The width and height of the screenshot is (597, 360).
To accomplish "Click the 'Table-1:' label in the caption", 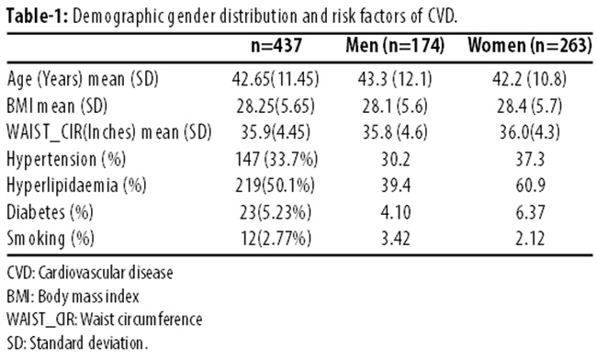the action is tap(37, 16).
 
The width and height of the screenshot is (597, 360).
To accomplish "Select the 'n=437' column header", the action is tap(276, 45).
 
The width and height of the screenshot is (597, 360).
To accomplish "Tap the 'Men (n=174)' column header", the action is tap(395, 45).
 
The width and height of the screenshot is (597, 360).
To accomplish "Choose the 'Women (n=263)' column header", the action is tap(530, 45).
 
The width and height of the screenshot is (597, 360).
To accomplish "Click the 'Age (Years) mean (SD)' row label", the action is tap(83, 79).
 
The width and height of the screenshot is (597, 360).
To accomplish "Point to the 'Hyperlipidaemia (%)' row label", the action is tap(76, 186).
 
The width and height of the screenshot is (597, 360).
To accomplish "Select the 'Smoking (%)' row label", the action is tap(51, 239).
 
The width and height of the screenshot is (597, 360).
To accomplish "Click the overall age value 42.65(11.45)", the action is tap(276, 79).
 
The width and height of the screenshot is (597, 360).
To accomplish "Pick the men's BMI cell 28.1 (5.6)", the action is tap(395, 106).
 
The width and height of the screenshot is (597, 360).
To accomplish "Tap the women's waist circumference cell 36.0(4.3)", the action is tap(530, 132).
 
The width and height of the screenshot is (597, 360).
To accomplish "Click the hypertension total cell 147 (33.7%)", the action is tap(276, 159).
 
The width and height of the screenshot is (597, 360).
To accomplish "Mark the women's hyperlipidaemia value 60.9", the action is tap(530, 186).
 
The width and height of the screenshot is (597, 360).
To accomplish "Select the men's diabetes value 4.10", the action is tap(396, 212).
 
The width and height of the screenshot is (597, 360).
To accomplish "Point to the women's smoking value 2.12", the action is tap(530, 239).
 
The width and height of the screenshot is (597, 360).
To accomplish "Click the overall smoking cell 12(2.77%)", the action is tap(276, 239).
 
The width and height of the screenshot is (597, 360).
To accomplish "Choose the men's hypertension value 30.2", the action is tap(396, 159).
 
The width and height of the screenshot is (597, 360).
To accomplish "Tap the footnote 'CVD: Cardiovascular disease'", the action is tap(90, 273).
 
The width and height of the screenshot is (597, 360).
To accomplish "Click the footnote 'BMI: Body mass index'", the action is tap(73, 297).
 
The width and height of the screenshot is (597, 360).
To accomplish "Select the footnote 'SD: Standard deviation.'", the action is tap(77, 343).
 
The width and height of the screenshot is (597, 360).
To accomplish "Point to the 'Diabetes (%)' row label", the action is tap(50, 212).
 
